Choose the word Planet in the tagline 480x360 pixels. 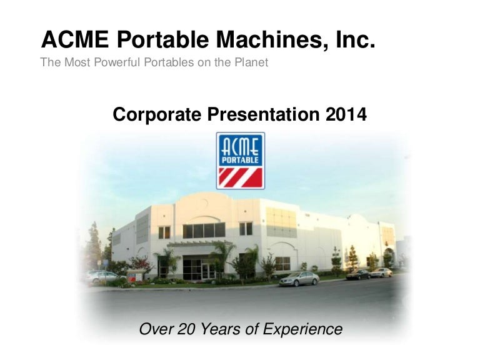pyautogui.click(x=249, y=62)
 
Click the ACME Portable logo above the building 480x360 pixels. pyautogui.click(x=241, y=161)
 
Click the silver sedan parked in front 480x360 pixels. pyautogui.click(x=299, y=279)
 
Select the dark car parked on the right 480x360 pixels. pyautogui.click(x=357, y=274)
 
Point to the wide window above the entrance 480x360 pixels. pyautogui.click(x=204, y=231)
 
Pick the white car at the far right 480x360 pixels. pyautogui.click(x=381, y=272)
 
